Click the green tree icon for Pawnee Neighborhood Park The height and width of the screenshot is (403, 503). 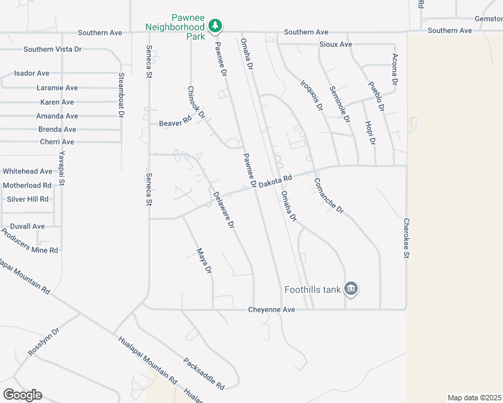tap(215, 26)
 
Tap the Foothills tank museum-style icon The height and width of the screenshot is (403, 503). tap(351, 289)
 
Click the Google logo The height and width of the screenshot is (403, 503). tap(22, 395)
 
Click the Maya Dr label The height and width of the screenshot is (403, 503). tap(204, 261)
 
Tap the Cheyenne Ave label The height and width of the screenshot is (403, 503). tap(270, 310)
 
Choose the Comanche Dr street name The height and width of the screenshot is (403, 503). tap(329, 195)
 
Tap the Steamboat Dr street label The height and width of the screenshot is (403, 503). tap(122, 95)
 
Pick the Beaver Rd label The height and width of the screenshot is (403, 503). tap(176, 124)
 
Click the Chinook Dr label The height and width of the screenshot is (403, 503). tap(196, 102)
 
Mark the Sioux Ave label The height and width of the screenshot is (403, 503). tap(336, 44)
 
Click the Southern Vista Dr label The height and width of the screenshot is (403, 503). tap(52, 49)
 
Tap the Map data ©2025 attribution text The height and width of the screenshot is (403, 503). tap(474, 398)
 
